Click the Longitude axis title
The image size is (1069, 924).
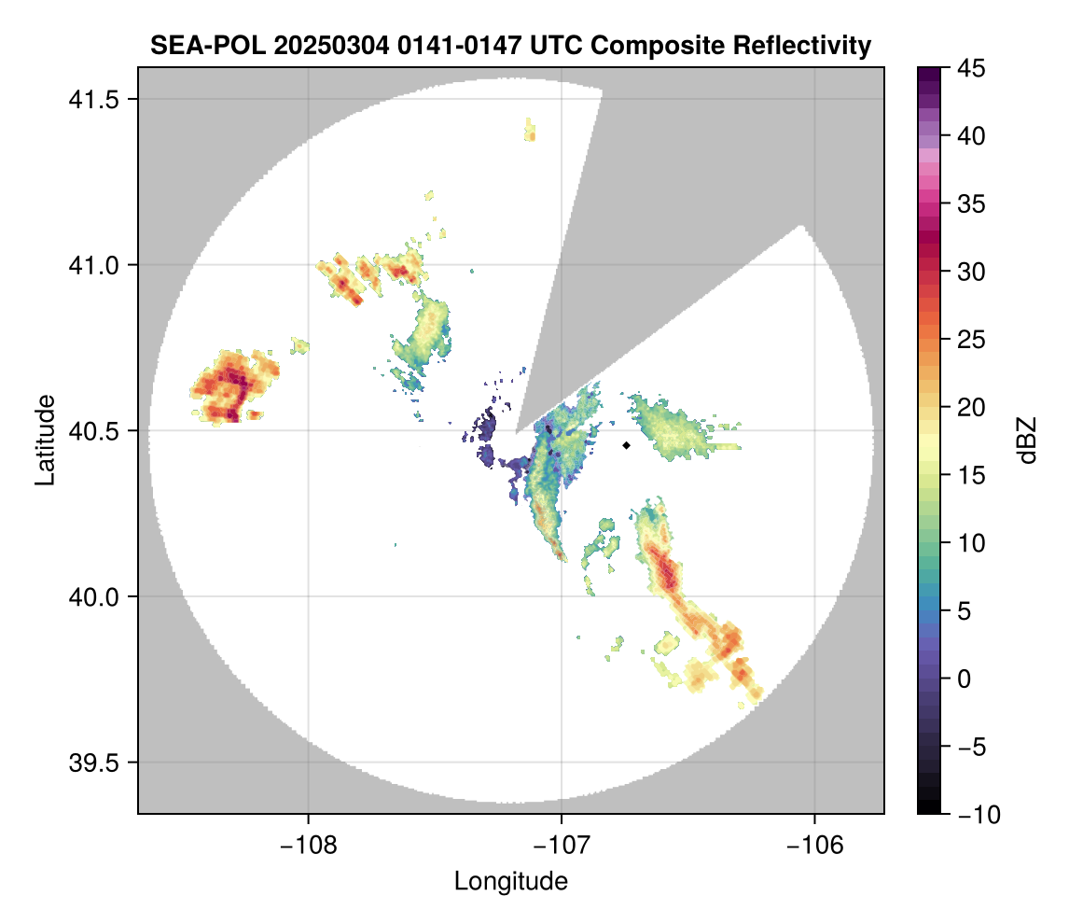[510, 880]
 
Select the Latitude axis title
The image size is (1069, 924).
[44, 439]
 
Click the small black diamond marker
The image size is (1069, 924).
[627, 445]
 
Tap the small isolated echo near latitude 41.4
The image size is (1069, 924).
[530, 130]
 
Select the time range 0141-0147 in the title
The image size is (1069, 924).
[463, 45]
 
